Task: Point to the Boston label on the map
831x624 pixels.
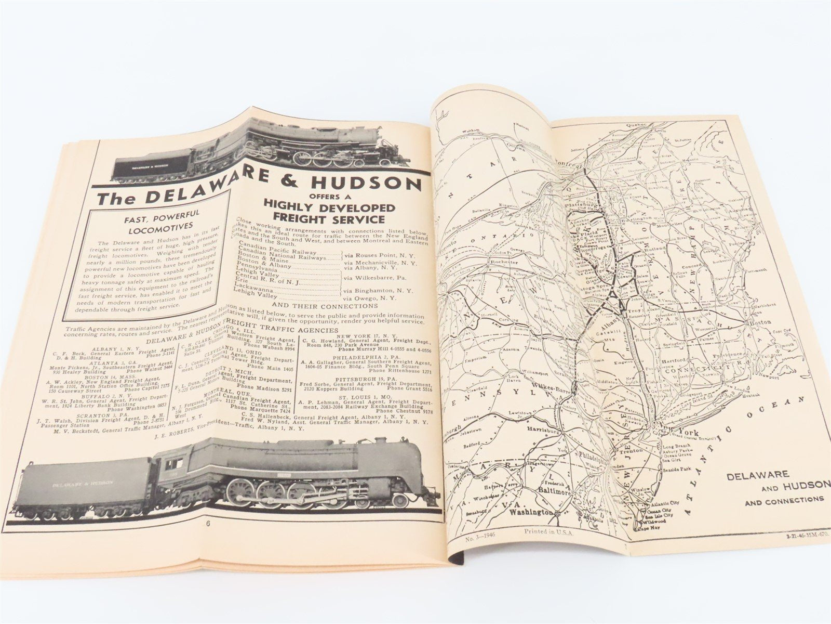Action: click(x=759, y=322)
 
